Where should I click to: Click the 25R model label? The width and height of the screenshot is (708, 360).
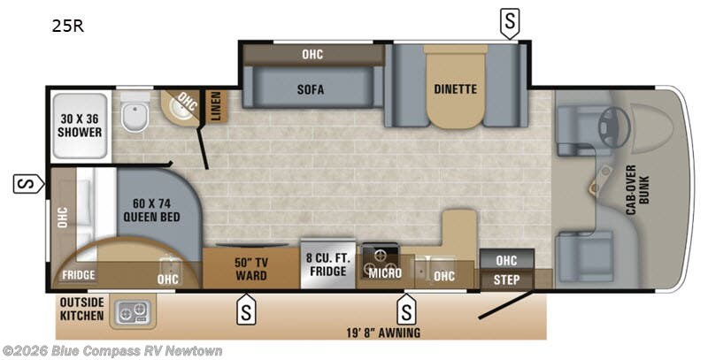(x=68, y=27)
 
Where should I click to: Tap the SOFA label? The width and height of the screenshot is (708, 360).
(x=311, y=88)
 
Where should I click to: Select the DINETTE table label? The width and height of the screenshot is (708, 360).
(x=455, y=88)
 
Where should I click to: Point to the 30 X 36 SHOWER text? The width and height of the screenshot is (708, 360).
(x=80, y=126)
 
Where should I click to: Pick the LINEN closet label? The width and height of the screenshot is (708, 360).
(x=216, y=106)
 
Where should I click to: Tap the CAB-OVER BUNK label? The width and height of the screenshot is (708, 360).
(x=637, y=189)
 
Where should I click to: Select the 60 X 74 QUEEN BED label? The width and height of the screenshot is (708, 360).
(x=151, y=211)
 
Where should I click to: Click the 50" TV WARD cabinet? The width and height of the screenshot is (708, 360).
(x=251, y=268)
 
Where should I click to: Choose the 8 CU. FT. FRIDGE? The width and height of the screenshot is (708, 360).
(x=328, y=264)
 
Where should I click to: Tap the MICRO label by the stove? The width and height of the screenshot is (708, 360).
(x=385, y=273)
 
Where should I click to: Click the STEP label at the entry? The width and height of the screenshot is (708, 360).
(x=506, y=280)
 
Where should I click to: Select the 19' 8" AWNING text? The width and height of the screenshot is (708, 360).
(x=383, y=333)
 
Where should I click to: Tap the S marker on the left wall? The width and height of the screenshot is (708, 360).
(x=28, y=184)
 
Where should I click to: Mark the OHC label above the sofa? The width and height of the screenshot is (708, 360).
(x=312, y=55)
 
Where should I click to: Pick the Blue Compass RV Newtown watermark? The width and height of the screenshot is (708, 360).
(x=112, y=350)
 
